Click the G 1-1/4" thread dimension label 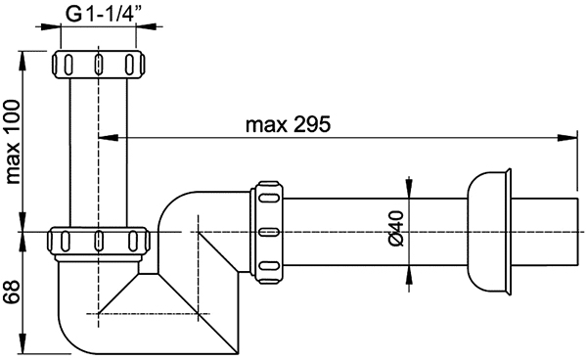(x=101, y=15)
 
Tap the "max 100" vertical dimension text (x=13, y=142)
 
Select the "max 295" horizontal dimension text (x=289, y=124)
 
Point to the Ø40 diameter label (x=396, y=228)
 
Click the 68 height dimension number (x=12, y=292)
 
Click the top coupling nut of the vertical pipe (x=98, y=64)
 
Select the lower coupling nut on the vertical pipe (x=99, y=242)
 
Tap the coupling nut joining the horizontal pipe (x=267, y=232)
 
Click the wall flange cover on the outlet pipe (x=488, y=232)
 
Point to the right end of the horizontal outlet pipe (x=576, y=232)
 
